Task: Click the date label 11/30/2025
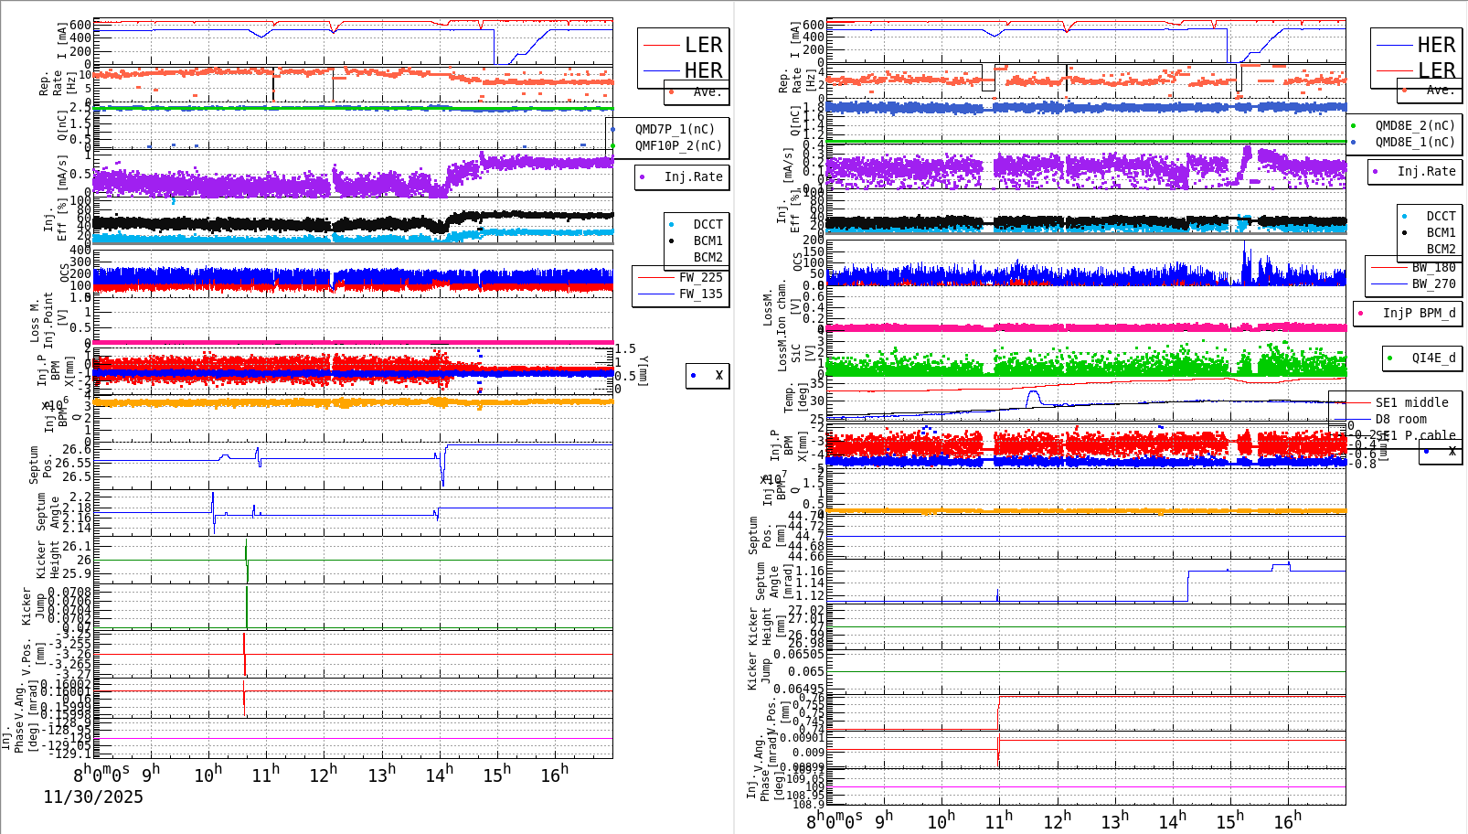point(93,797)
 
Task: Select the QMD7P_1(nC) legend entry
point(675,129)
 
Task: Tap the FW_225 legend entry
point(700,277)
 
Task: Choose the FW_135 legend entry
point(700,294)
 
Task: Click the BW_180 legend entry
point(1433,267)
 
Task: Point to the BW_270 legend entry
point(1433,283)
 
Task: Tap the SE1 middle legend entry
point(1411,402)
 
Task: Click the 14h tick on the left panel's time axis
point(439,775)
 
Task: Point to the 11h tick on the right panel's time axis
point(998,820)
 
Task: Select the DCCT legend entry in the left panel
point(707,224)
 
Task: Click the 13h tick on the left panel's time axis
point(381,775)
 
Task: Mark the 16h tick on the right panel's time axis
point(1287,820)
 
